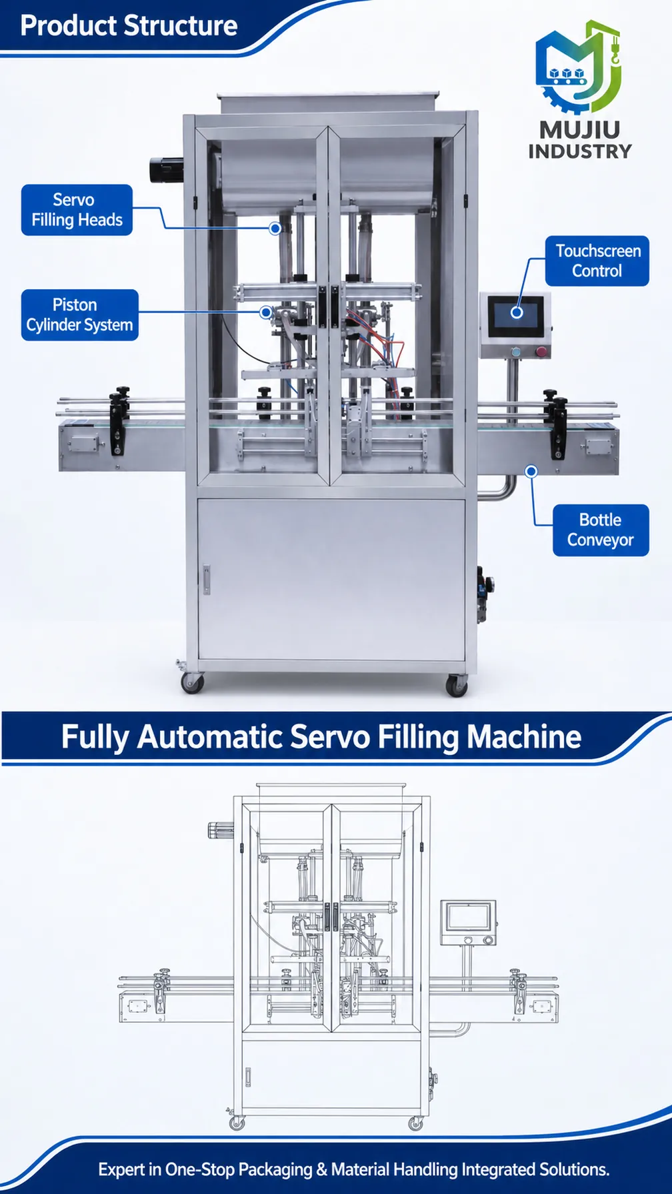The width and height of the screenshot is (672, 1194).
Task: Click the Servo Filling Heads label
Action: [x=77, y=210]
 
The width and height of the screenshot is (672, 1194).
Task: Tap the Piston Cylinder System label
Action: [x=80, y=315]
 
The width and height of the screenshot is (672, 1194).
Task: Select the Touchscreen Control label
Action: [x=597, y=261]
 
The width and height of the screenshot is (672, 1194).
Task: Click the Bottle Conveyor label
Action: [x=601, y=530]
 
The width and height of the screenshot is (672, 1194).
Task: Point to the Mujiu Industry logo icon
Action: [x=579, y=67]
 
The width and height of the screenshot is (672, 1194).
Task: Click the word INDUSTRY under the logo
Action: [x=580, y=151]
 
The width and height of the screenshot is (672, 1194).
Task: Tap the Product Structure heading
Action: [x=129, y=25]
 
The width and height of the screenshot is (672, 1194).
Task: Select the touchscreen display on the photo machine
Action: [x=517, y=317]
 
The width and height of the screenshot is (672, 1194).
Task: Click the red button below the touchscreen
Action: [x=541, y=352]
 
